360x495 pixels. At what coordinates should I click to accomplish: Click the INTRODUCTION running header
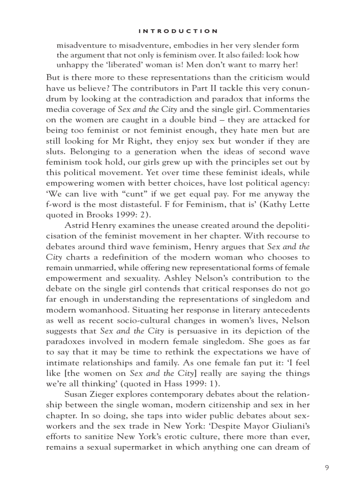[178, 31]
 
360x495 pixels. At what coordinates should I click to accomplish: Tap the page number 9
[326, 468]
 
